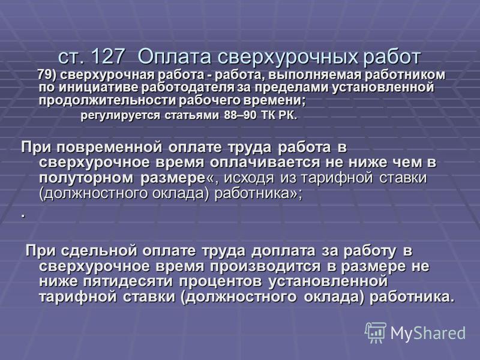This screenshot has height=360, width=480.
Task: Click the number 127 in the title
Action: (x=108, y=56)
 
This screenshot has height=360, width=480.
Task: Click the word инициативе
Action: (x=100, y=88)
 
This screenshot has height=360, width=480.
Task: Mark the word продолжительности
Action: (x=107, y=100)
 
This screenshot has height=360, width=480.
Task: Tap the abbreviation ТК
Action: (x=269, y=115)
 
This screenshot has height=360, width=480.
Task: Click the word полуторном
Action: (x=86, y=178)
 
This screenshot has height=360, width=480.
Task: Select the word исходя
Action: (x=249, y=178)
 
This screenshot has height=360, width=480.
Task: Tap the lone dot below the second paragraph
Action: (x=23, y=217)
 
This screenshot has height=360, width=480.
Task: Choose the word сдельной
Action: (x=99, y=251)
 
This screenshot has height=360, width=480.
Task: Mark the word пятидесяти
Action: (x=128, y=281)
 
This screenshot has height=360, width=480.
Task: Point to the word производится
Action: (x=265, y=266)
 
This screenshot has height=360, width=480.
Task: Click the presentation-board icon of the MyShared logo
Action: (x=376, y=333)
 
